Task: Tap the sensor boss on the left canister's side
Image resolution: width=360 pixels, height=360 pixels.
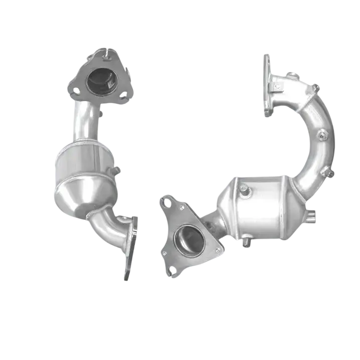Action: (x=116, y=170)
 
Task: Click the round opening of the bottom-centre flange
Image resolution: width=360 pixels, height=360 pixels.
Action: (x=189, y=240)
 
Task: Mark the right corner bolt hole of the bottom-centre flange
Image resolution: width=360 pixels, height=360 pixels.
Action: (x=218, y=250)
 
